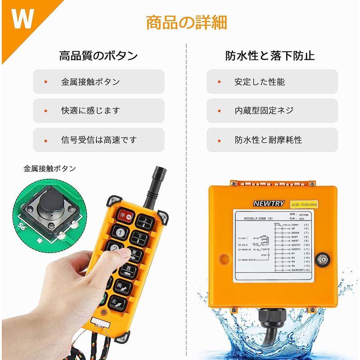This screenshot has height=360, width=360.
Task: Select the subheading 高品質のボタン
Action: click(99, 56)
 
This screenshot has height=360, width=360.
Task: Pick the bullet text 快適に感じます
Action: click(91, 110)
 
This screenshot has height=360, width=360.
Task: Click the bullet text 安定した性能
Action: click(260, 82)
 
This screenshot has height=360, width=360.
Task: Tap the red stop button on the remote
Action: click(126, 216)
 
